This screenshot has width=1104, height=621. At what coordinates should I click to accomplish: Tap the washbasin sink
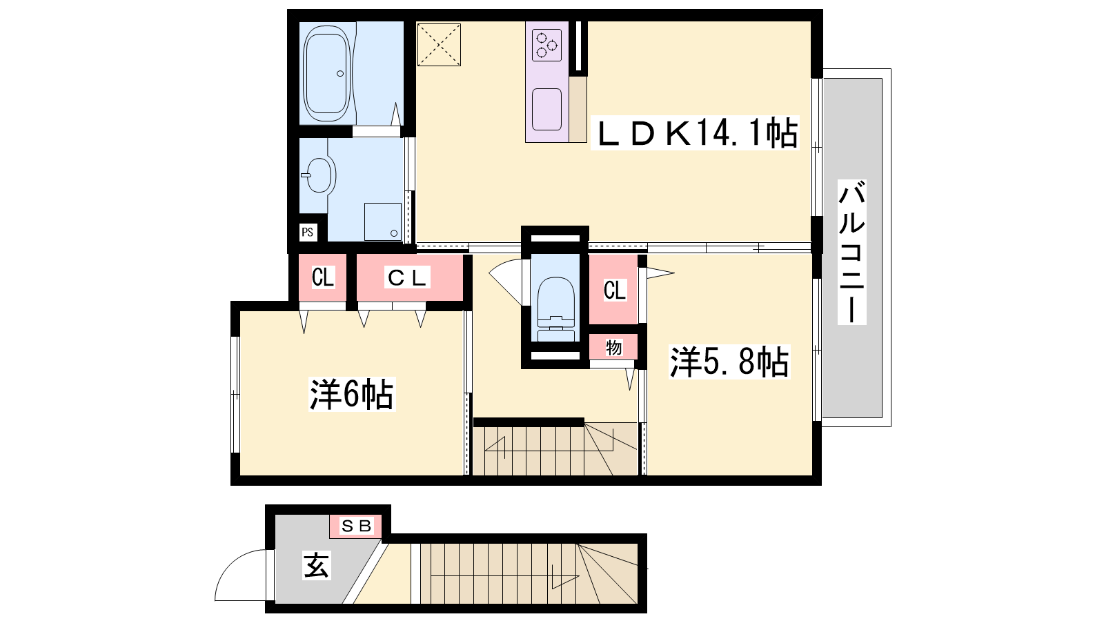point(319,175)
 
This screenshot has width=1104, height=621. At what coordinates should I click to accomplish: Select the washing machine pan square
point(383,221)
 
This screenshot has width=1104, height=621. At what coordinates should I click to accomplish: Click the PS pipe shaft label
point(308,232)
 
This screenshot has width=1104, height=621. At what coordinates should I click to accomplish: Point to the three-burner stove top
point(547,45)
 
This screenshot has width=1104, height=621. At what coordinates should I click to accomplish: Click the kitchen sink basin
point(546,110)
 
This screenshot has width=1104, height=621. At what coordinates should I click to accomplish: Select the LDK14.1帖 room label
point(694,134)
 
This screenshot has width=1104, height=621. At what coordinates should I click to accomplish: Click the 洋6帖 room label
point(352,394)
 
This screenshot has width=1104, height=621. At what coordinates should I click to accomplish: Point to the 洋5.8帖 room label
point(729,362)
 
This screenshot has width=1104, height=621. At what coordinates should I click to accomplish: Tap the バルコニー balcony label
point(852,253)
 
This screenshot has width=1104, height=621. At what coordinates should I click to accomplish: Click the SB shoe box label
point(356,526)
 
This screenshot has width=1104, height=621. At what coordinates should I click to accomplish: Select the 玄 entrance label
point(317,565)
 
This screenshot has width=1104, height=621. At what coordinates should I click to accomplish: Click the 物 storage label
point(613,348)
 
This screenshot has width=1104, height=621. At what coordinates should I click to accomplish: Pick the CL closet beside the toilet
point(615,290)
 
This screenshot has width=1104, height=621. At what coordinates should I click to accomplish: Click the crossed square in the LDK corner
point(439,44)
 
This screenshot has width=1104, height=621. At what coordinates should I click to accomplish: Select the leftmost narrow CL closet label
point(323,277)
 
